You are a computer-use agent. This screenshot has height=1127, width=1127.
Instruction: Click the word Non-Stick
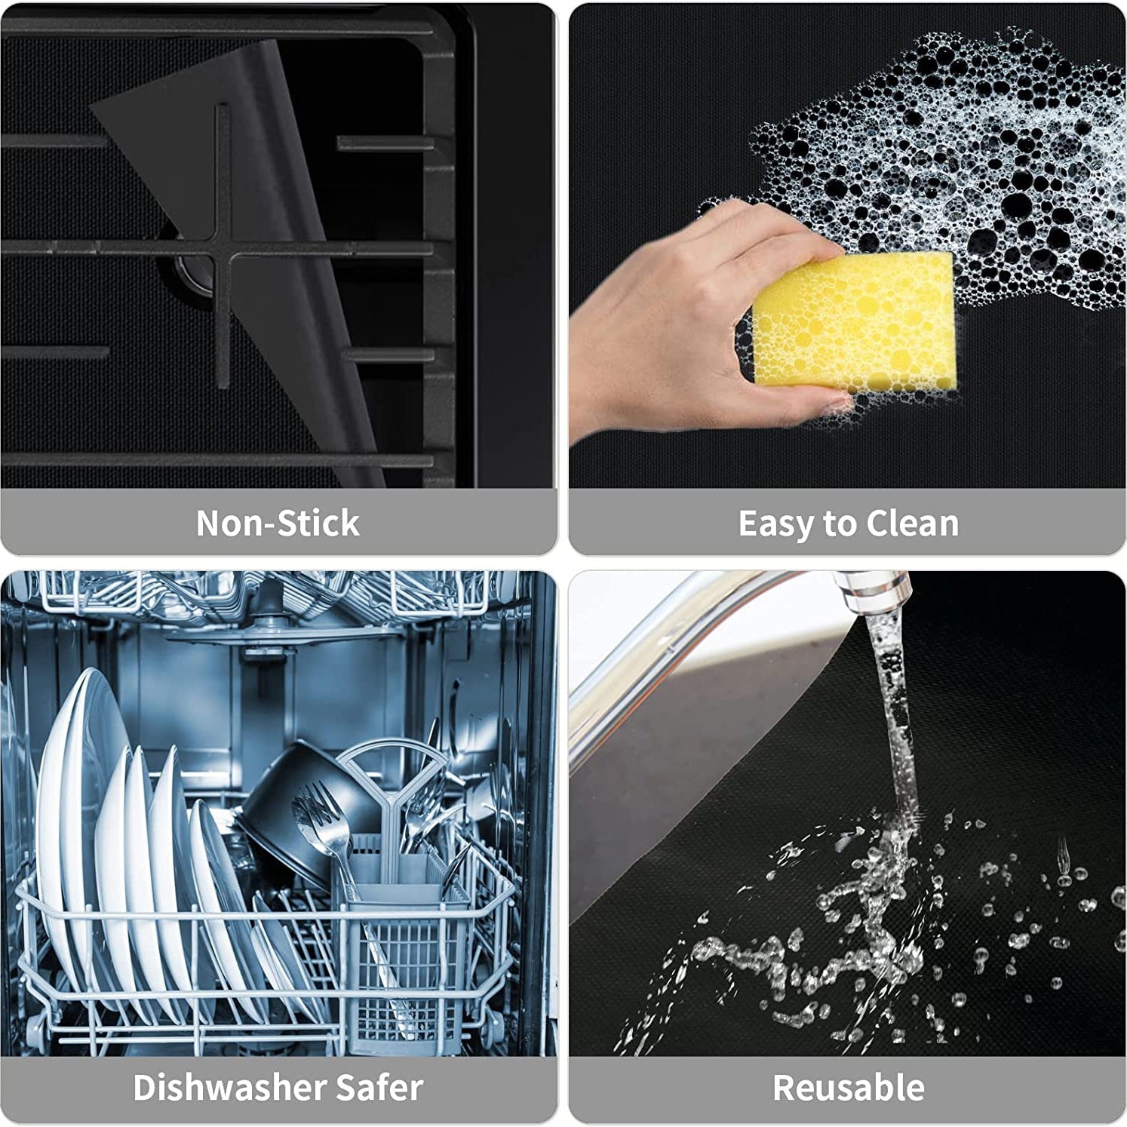pos(278,523)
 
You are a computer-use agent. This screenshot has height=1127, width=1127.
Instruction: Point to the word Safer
pos(379,1087)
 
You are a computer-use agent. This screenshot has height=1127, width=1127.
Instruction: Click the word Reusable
pos(848,1087)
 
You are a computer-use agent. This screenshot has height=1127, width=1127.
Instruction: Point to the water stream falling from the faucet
pos(898,717)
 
